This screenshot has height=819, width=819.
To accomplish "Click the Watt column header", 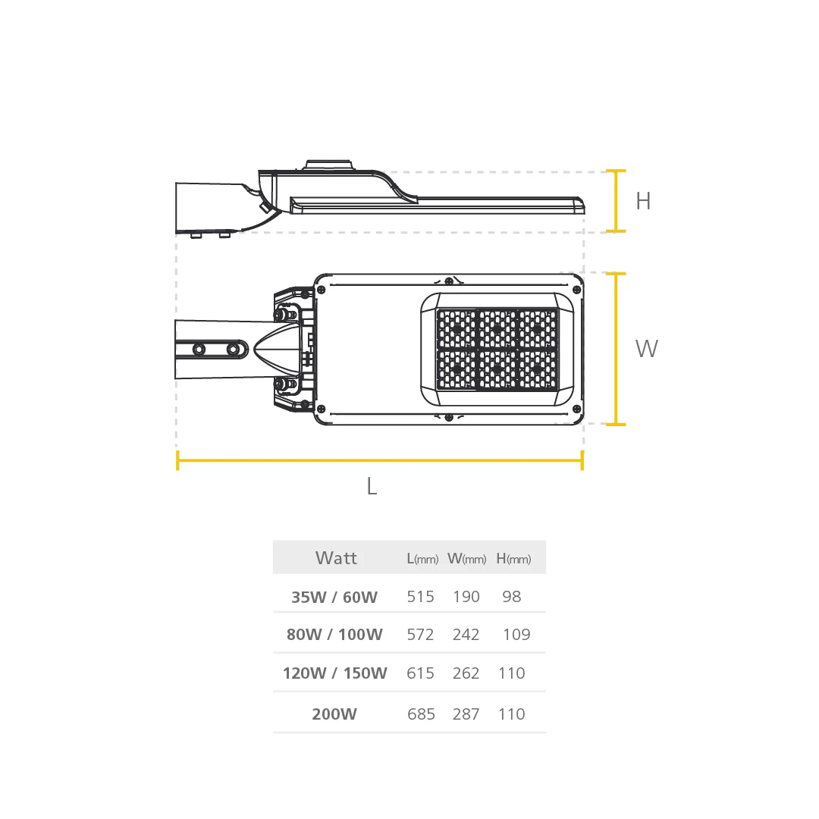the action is point(336,558).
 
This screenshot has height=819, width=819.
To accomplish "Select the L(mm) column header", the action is point(422,559).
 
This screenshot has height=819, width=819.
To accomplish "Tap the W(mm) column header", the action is point(467,559).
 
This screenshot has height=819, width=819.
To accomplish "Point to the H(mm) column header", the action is point(513,559).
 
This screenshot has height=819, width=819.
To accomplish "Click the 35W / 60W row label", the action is point(334,597).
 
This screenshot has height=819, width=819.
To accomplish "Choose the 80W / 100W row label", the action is point(334,635).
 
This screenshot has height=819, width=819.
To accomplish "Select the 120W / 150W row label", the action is point(335,673).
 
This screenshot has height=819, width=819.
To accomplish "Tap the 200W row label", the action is point(334,714).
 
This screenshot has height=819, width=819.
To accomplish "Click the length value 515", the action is point(420,597).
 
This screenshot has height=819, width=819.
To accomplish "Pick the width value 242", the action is point(466,635).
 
